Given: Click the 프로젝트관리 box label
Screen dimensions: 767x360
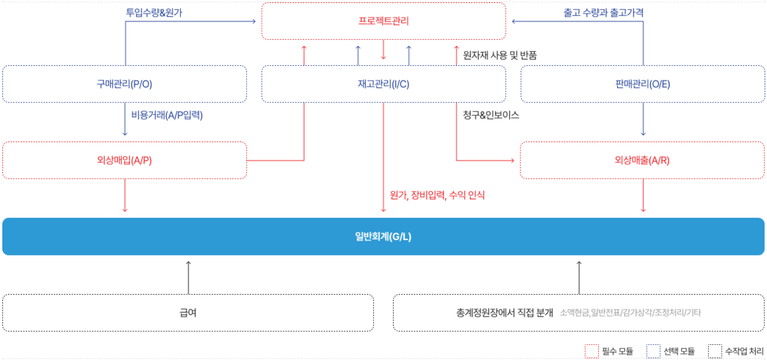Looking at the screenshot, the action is (384, 21).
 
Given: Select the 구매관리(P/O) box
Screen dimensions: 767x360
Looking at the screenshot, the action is (125, 84).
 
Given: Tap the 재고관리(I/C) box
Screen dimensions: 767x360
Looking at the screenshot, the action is (384, 84).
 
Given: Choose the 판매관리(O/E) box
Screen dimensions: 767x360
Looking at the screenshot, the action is (643, 84).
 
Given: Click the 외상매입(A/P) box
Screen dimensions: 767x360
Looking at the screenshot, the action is (125, 160).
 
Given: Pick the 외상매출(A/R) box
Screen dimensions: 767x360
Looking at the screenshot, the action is (642, 160).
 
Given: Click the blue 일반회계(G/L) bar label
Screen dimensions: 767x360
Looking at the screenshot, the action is (383, 236).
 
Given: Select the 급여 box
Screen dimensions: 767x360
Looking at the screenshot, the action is (188, 313).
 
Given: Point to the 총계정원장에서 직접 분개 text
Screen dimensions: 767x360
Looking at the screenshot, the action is (505, 313).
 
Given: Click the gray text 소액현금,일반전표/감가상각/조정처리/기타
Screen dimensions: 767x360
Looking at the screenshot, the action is (631, 313).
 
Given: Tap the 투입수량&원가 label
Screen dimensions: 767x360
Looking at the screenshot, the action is (154, 13).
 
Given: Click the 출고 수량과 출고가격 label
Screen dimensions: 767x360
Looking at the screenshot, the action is (603, 13).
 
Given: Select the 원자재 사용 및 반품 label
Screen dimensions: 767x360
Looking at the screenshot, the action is (500, 55).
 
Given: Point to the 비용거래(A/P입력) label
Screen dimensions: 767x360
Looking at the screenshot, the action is (167, 115).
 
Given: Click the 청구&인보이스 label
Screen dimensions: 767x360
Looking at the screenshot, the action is (491, 115).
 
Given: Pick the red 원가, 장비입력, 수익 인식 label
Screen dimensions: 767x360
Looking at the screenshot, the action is (438, 195).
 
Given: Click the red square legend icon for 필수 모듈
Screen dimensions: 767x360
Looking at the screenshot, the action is (592, 351).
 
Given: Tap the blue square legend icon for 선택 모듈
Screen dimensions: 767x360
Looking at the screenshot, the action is (653, 351).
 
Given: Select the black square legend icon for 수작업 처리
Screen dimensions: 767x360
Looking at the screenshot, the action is (715, 351).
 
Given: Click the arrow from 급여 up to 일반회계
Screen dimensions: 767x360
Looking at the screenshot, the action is (188, 278).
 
